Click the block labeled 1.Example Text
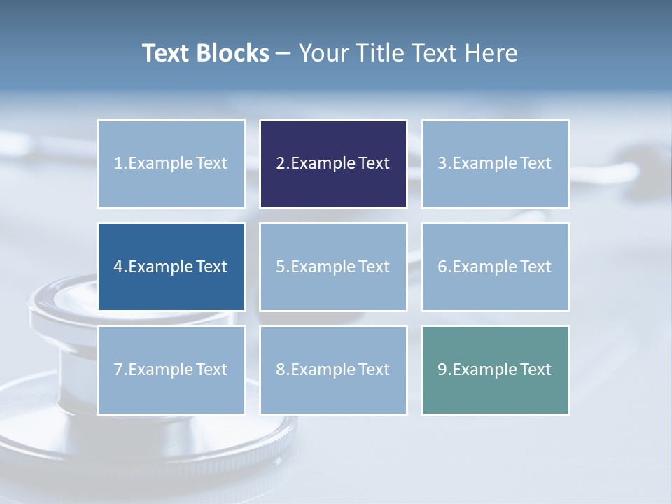tap(171, 164)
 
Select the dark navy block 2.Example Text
tap(333, 164)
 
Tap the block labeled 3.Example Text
tap(495, 164)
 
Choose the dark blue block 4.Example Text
tap(171, 267)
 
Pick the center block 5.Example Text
tap(333, 267)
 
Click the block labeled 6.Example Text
tap(495, 267)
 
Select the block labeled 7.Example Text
tap(171, 370)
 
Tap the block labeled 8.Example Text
tap(333, 370)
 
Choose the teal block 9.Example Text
tap(495, 370)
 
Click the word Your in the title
tap(321, 53)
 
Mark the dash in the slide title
tap(284, 53)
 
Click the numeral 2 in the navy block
tap(280, 164)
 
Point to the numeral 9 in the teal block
tap(442, 370)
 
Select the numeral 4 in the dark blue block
tap(118, 267)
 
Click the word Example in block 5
tap(323, 267)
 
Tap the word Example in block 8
tap(323, 370)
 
